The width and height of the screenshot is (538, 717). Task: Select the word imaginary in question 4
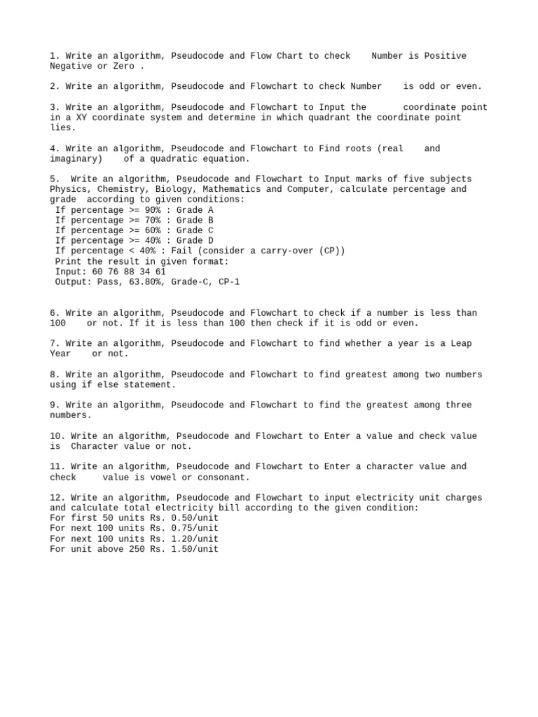(x=74, y=159)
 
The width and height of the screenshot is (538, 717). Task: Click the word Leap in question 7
(x=461, y=344)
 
